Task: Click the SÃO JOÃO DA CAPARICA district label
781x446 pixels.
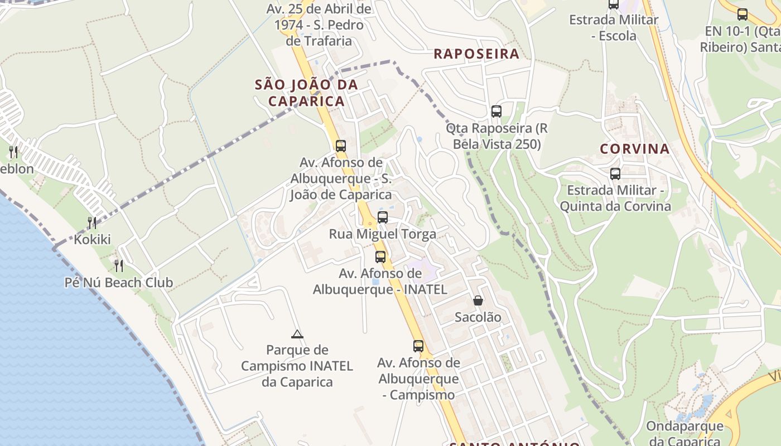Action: pyautogui.click(x=306, y=93)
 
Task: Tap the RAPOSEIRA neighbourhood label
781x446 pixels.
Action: pyautogui.click(x=476, y=54)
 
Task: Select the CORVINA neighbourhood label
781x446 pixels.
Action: pyautogui.click(x=635, y=149)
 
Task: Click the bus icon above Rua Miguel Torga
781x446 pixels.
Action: pyautogui.click(x=383, y=217)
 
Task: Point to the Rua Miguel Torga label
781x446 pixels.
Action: pyautogui.click(x=383, y=234)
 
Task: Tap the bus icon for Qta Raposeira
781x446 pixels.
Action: pyautogui.click(x=496, y=111)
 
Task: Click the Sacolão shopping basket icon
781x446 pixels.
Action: pyautogui.click(x=478, y=300)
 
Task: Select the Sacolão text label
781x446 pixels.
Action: pyautogui.click(x=478, y=317)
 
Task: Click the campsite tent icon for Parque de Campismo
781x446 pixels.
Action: pyautogui.click(x=297, y=334)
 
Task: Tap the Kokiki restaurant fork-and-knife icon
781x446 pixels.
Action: pyautogui.click(x=92, y=223)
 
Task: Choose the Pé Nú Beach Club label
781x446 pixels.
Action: pyautogui.click(x=119, y=283)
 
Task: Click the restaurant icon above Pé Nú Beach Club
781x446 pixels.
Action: pyautogui.click(x=118, y=265)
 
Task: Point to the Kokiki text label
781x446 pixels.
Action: pyautogui.click(x=93, y=240)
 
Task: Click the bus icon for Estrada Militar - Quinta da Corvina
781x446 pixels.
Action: pyautogui.click(x=615, y=174)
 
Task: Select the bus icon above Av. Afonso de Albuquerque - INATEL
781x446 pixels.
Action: pyautogui.click(x=380, y=257)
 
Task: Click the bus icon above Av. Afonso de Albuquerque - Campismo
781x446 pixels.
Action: pyautogui.click(x=418, y=346)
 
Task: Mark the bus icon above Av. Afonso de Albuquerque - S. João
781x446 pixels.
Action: pyautogui.click(x=341, y=146)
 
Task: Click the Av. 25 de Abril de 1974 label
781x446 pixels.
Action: pyautogui.click(x=319, y=25)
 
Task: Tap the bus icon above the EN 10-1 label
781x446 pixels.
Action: pyautogui.click(x=743, y=14)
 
